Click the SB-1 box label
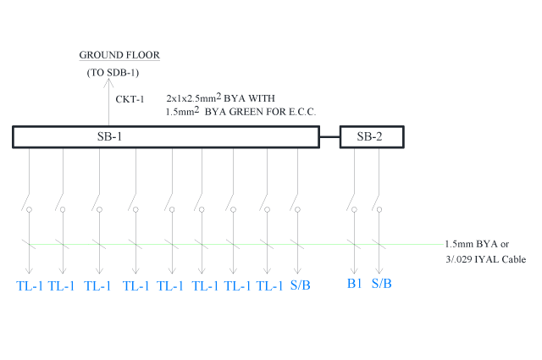(x=109, y=136)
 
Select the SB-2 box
(x=372, y=137)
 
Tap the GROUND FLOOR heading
(x=119, y=55)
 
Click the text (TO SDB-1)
(x=113, y=73)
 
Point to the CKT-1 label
(x=130, y=99)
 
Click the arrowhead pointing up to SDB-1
(x=108, y=83)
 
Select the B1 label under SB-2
(x=354, y=284)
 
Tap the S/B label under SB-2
(x=382, y=284)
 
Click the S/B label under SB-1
(x=301, y=285)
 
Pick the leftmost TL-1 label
(x=30, y=286)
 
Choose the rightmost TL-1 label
(x=269, y=286)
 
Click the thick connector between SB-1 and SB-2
(x=329, y=137)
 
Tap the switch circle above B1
(x=354, y=209)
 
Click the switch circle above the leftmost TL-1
(x=29, y=209)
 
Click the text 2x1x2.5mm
(x=191, y=98)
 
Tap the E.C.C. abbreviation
(x=302, y=112)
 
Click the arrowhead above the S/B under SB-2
(x=379, y=270)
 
